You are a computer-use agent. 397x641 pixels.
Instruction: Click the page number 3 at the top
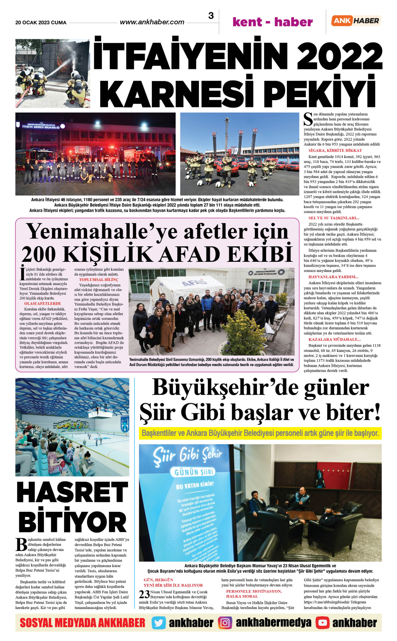[211, 16]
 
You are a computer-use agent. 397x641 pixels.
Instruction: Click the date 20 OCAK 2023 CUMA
[41, 23]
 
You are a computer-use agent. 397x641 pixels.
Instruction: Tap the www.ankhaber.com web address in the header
[152, 22]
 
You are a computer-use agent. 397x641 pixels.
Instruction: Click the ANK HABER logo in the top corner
[356, 21]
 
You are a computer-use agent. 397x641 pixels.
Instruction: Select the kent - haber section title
[272, 22]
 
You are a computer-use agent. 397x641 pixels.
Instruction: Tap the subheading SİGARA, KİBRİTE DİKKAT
[335, 150]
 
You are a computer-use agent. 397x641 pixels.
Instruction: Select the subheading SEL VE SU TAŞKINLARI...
[334, 218]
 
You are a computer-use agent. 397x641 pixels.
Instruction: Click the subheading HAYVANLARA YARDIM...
[333, 277]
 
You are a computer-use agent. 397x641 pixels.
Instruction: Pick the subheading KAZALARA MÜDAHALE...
[334, 339]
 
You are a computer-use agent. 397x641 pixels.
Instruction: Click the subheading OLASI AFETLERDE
[43, 304]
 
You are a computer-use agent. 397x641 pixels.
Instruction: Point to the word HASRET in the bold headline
[72, 493]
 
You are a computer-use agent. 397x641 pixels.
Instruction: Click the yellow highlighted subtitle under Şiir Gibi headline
[260, 433]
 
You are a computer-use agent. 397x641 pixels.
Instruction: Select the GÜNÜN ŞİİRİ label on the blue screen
[194, 472]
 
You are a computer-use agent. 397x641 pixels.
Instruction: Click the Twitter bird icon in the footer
[159, 623]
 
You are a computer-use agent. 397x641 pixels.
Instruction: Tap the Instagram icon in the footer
[225, 623]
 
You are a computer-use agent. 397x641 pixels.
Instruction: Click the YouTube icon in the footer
[322, 623]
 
